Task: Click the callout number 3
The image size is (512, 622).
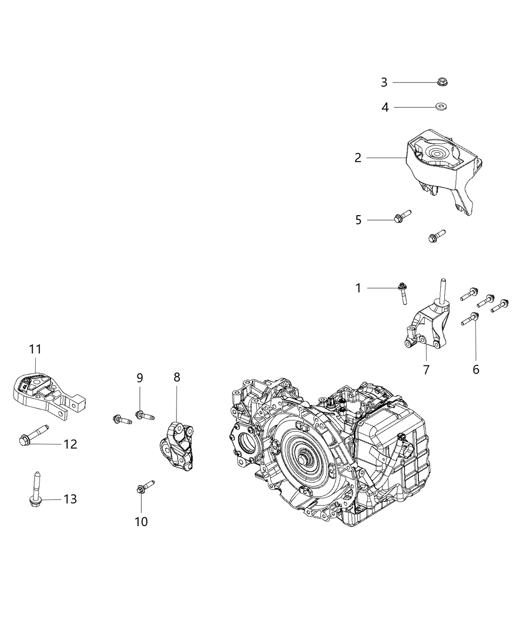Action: point(384,83)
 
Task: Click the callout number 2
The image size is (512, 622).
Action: point(358,158)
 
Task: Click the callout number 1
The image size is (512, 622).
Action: point(358,288)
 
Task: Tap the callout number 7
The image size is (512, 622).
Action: point(426,370)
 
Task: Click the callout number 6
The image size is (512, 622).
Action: point(476,370)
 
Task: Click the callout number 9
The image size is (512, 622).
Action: point(140,378)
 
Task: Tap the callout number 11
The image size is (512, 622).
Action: point(35,349)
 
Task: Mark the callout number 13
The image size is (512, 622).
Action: point(70,500)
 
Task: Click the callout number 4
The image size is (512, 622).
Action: point(385,107)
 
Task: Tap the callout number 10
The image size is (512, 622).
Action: point(141,522)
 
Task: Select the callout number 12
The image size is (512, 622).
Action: point(70,444)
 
